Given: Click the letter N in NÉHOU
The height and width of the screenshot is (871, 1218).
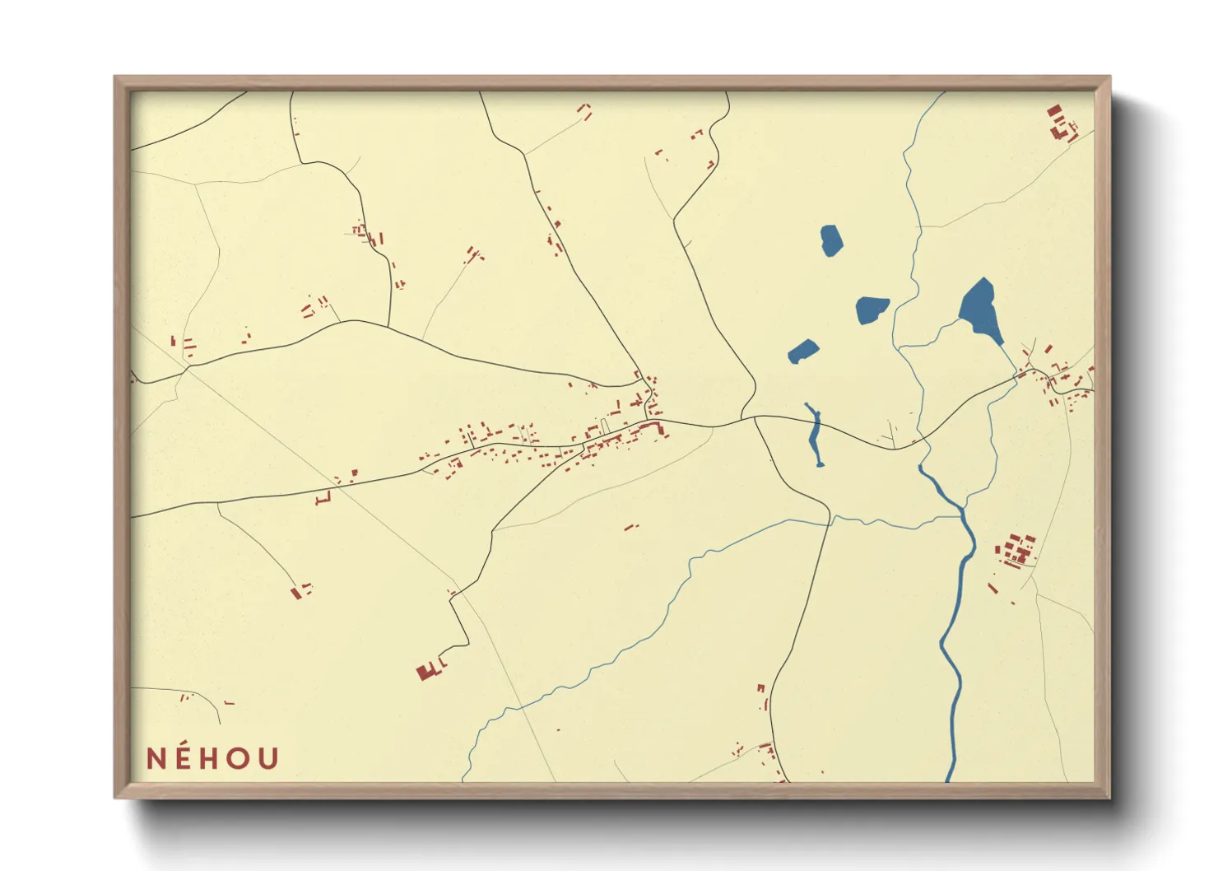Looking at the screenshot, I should coord(156,758).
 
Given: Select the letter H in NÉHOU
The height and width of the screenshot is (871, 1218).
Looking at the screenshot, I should coord(212,758).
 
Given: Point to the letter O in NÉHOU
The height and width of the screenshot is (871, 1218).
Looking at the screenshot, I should coord(239,758).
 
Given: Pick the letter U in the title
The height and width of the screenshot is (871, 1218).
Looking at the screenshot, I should coord(268,758).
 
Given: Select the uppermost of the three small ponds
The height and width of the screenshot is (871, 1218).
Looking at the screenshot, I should coord(831,240).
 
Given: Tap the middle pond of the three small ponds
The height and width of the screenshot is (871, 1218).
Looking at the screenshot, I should coord(872,309).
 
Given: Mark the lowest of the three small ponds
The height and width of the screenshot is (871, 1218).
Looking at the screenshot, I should coord(802,352).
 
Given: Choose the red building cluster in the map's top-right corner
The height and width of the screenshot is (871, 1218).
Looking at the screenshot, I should coord(1061,122).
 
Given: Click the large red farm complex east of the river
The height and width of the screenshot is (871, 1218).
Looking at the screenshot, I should coord(1016,549).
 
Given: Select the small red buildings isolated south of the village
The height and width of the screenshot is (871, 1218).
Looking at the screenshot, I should coord(631,526).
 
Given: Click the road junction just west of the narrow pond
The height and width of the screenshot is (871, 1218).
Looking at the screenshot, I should coord(753,418).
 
